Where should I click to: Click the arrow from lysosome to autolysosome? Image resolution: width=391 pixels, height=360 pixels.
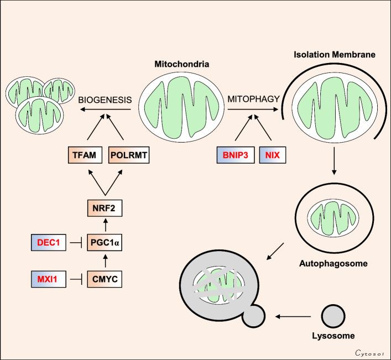tap(296, 316)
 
